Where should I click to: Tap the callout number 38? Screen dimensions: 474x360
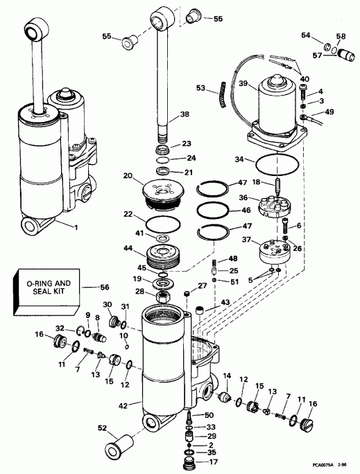point(184,114)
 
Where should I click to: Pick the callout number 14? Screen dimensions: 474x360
point(226,376)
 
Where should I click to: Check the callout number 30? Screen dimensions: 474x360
point(107,307)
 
